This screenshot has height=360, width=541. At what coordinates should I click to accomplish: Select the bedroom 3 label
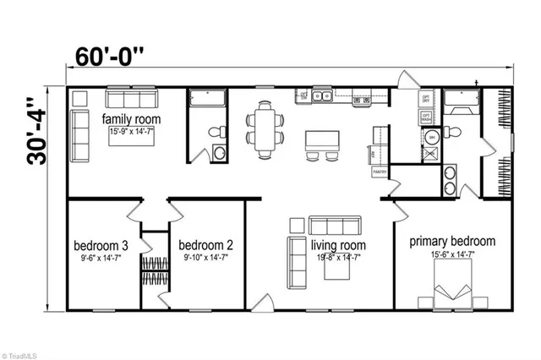101,246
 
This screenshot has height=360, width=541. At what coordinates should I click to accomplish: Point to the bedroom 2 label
205,246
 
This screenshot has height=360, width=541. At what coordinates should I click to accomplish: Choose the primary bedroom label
452,241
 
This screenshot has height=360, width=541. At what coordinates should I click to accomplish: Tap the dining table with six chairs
266,128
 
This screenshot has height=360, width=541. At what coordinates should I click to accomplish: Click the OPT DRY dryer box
427,98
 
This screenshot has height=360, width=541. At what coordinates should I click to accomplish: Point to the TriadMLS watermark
19,352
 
